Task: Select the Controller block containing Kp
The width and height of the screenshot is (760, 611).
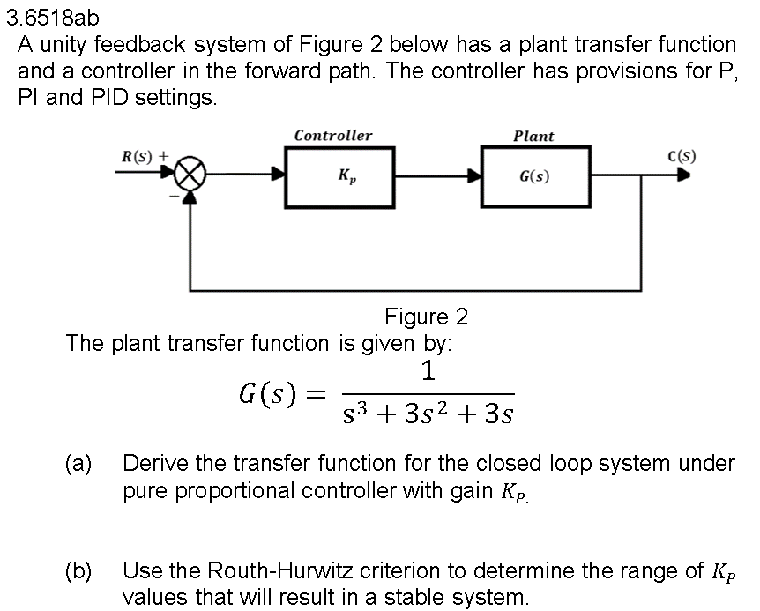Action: (339, 176)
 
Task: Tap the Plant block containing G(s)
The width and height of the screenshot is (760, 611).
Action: (535, 176)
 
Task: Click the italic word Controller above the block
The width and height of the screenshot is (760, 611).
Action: (332, 136)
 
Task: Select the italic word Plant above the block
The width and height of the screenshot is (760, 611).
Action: (533, 136)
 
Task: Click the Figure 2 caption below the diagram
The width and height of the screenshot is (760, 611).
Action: (426, 316)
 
